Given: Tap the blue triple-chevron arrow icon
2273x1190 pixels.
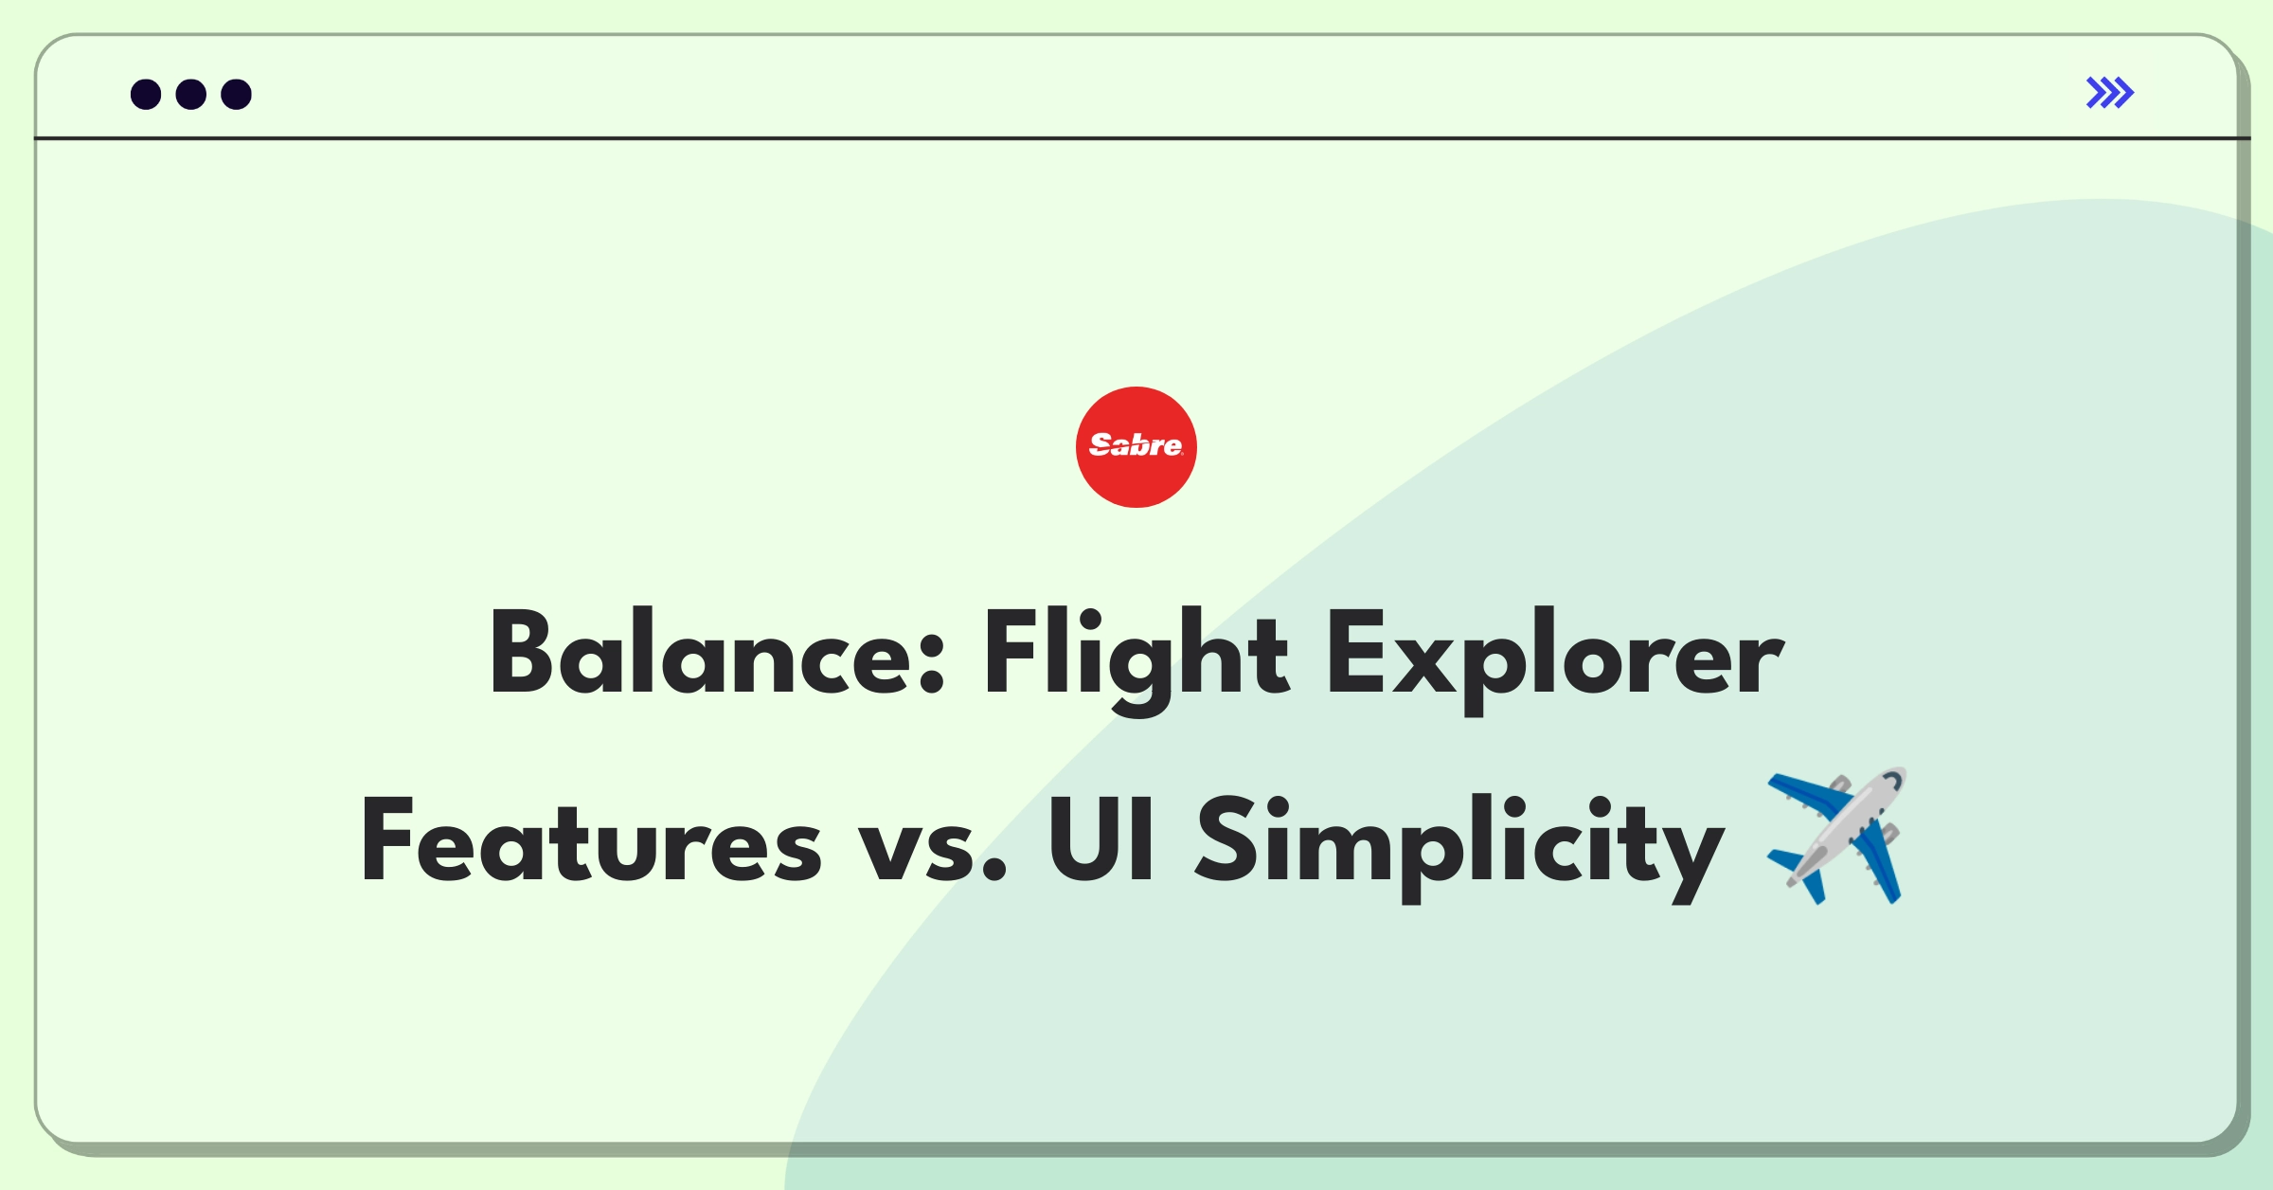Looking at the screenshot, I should [x=2109, y=93].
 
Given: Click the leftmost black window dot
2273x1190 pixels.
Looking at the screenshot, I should [x=146, y=95].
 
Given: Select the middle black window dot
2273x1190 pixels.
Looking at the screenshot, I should [x=191, y=95].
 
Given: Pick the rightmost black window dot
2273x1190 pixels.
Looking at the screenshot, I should [x=236, y=95].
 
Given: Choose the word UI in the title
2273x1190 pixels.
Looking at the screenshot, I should [x=1101, y=839].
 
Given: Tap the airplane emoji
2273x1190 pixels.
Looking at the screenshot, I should [x=1837, y=836].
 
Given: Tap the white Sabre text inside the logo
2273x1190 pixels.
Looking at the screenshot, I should [x=1136, y=444].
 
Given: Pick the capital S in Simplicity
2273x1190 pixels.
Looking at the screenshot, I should [x=1227, y=839].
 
